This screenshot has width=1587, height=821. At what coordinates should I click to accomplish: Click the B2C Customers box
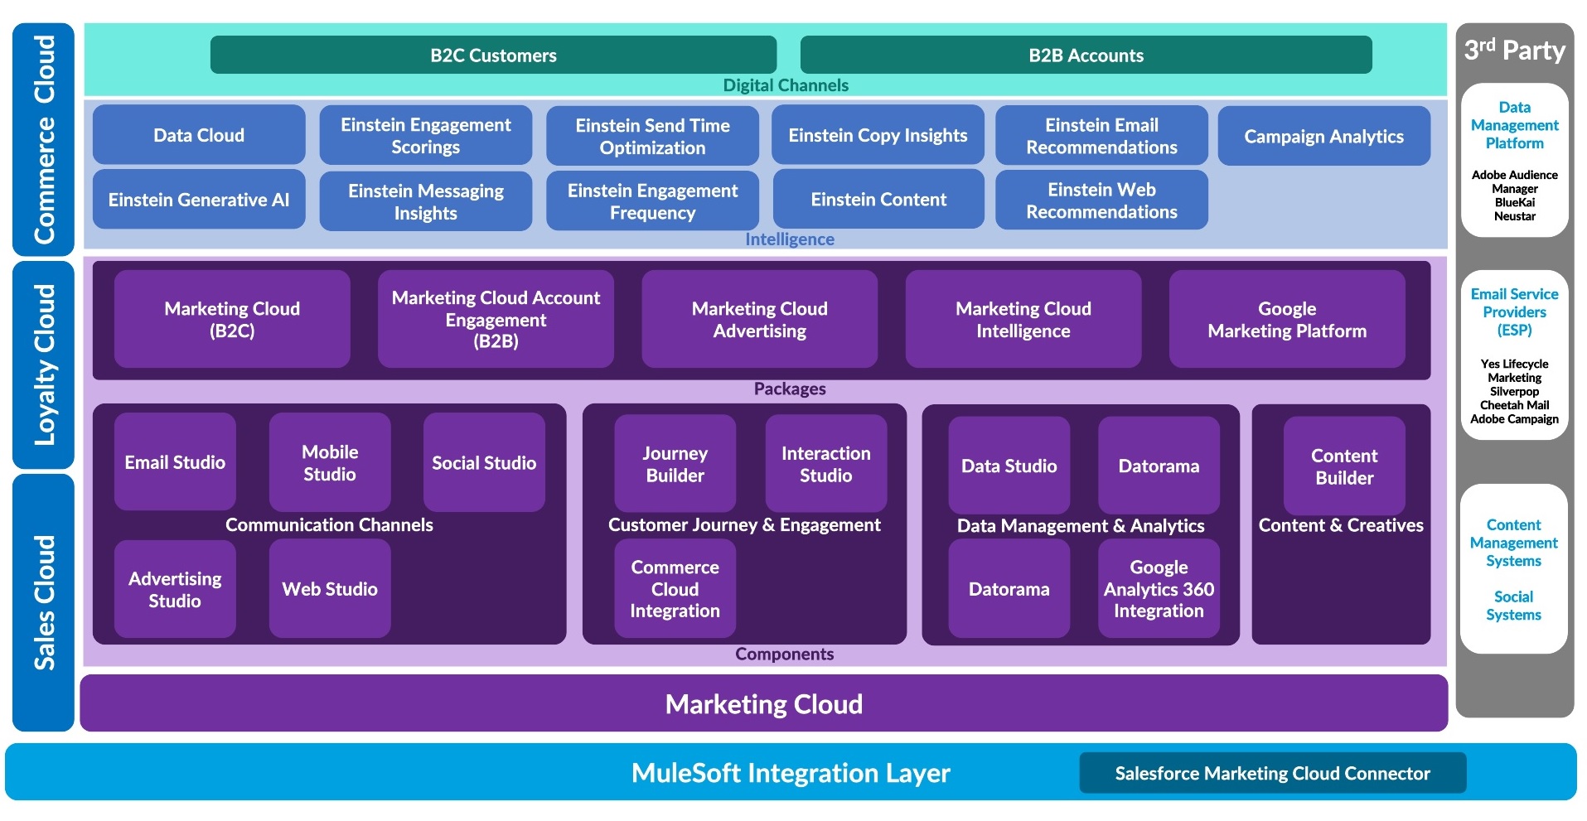pos(493,56)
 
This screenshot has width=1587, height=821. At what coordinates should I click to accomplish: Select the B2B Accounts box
pos(1086,56)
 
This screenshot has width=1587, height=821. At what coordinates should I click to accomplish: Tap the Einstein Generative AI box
pos(199,200)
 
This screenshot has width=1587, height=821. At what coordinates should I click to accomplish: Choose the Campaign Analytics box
pos(1323,137)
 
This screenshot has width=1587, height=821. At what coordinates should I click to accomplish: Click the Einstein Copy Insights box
pos(878,135)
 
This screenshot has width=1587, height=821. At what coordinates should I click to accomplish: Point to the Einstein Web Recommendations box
pos(1101,200)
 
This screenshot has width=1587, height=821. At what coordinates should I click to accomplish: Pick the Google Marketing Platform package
pos(1286,320)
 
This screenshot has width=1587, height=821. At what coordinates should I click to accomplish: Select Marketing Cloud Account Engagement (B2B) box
pos(496,320)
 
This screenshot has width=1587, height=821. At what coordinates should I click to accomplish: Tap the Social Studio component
pos(484,463)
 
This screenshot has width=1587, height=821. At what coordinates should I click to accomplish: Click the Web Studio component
pos(330,589)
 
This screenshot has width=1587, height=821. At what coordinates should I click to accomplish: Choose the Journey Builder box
pos(675,464)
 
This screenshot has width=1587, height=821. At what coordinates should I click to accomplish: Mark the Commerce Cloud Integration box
pos(675,589)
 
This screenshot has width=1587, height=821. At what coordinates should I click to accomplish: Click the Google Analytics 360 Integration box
pos(1159,589)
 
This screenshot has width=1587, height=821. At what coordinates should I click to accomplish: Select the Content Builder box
pos(1344,466)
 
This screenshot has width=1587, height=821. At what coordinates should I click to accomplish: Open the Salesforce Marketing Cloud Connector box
pos(1272,773)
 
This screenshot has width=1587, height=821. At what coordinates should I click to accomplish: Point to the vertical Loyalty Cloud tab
pos(44,365)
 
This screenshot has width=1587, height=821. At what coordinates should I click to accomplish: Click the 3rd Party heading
pos(1514,51)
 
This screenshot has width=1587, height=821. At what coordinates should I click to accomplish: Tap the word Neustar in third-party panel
pos(1514,216)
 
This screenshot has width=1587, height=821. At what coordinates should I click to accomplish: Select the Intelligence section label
pos(789,239)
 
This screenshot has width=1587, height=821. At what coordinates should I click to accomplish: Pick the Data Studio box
pos(1009,466)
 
